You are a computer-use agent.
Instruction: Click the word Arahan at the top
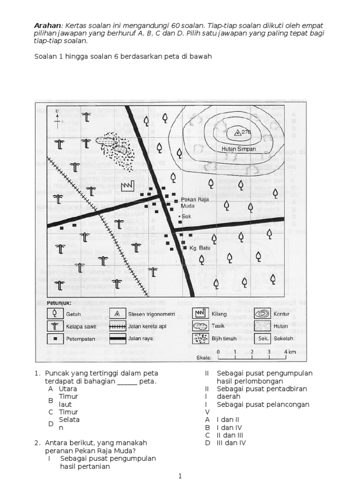[x=48, y=25]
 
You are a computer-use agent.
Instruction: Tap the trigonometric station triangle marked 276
[x=237, y=132]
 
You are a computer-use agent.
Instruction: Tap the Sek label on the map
[x=187, y=217]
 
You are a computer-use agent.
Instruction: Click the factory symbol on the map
[x=127, y=186]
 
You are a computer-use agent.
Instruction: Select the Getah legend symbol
[x=55, y=314]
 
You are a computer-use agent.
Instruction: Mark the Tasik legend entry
[x=219, y=326]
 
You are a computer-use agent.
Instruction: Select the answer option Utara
[x=67, y=389]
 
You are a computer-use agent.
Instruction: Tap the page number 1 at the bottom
[x=180, y=476]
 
